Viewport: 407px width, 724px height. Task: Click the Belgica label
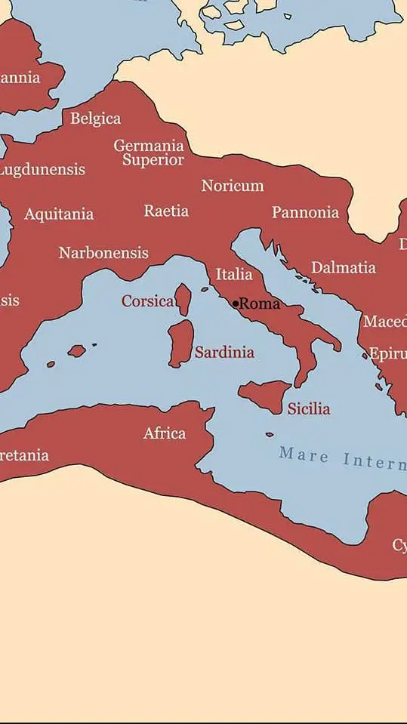pyautogui.click(x=95, y=119)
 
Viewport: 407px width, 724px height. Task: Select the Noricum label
pyautogui.click(x=232, y=186)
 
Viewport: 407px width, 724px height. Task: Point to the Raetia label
pyautogui.click(x=166, y=211)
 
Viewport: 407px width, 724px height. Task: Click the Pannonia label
pyautogui.click(x=305, y=212)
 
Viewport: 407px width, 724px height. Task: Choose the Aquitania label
pyautogui.click(x=59, y=214)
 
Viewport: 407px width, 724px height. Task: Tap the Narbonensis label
pyautogui.click(x=103, y=253)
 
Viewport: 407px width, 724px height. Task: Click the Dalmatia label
pyautogui.click(x=343, y=267)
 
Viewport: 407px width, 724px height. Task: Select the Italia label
pyautogui.click(x=234, y=275)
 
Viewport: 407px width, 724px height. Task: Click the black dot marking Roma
pyautogui.click(x=236, y=303)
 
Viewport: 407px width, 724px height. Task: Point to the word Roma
pyautogui.click(x=259, y=303)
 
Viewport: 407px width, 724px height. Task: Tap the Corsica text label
pyautogui.click(x=147, y=301)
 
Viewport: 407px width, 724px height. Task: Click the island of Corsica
pyautogui.click(x=183, y=299)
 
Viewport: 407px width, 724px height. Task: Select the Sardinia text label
pyautogui.click(x=224, y=352)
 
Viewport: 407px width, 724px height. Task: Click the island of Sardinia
pyautogui.click(x=180, y=344)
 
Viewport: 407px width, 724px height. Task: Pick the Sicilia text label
pyautogui.click(x=308, y=408)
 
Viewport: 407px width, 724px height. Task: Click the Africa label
pyautogui.click(x=165, y=433)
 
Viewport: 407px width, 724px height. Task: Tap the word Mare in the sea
pyautogui.click(x=304, y=455)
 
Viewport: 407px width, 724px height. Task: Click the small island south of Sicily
pyautogui.click(x=270, y=434)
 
